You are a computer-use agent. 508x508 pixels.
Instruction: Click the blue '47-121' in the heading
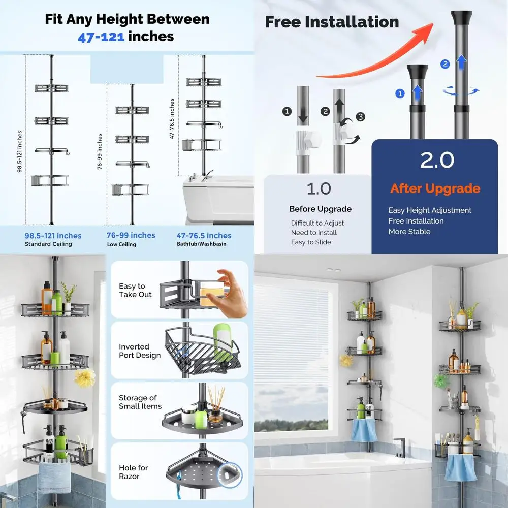point(101,37)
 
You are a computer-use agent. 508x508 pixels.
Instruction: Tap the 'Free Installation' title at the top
point(332,22)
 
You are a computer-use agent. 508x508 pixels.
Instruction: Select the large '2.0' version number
point(437,161)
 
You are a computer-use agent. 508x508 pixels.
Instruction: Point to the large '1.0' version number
point(319,188)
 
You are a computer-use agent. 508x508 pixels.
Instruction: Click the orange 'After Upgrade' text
point(435,189)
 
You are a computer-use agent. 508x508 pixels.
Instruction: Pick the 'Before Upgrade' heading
point(320,209)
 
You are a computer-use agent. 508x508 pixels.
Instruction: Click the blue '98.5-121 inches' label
point(53,236)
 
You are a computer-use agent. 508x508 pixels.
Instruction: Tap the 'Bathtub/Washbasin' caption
point(202,244)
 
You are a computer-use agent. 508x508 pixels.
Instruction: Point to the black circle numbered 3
point(360,117)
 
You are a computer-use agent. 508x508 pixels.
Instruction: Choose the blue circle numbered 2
point(446,64)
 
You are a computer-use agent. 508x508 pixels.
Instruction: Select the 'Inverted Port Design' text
point(140,351)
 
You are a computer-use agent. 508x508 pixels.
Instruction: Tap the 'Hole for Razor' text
point(133,471)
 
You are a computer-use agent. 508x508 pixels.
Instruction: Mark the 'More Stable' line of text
point(409,232)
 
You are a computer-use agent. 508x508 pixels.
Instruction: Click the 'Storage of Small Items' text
point(140,402)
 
